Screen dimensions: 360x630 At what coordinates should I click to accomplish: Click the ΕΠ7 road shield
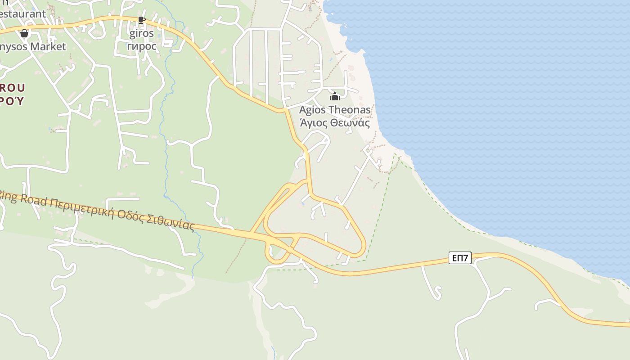click(460, 258)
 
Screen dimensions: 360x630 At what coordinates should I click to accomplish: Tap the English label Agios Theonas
click(335, 110)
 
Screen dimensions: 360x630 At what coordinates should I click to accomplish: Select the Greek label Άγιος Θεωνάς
click(335, 122)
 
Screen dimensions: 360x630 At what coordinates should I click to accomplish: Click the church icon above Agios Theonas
click(334, 96)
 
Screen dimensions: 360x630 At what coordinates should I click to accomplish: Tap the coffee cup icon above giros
click(141, 20)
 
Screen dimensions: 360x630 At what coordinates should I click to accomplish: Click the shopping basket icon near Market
click(24, 33)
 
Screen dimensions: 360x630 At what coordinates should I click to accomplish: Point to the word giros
click(141, 33)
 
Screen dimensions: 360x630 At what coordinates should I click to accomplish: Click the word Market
click(48, 46)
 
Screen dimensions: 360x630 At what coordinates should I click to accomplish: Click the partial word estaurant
click(22, 13)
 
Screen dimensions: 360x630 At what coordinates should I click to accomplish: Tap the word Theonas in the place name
click(350, 110)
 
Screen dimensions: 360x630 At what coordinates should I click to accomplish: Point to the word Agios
click(312, 110)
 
